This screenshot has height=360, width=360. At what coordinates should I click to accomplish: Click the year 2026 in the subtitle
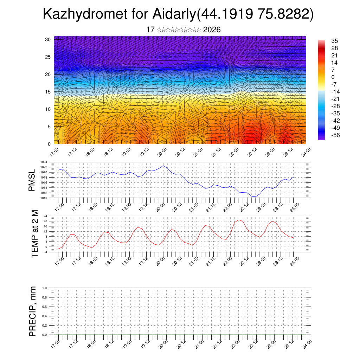pos(212,30)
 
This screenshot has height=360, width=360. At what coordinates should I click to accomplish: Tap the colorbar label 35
pos(334,41)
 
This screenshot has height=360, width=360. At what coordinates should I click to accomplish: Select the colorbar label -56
pos(335,135)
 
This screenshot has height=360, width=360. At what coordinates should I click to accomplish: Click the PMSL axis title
pos(32,180)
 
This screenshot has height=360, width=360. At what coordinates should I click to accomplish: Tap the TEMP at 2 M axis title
pos(34,234)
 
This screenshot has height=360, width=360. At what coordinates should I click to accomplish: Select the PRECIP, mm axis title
pos(33,311)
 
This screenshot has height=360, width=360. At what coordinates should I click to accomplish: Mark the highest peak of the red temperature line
pos(239,220)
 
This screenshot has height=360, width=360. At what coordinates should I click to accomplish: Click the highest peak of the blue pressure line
pos(163,166)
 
